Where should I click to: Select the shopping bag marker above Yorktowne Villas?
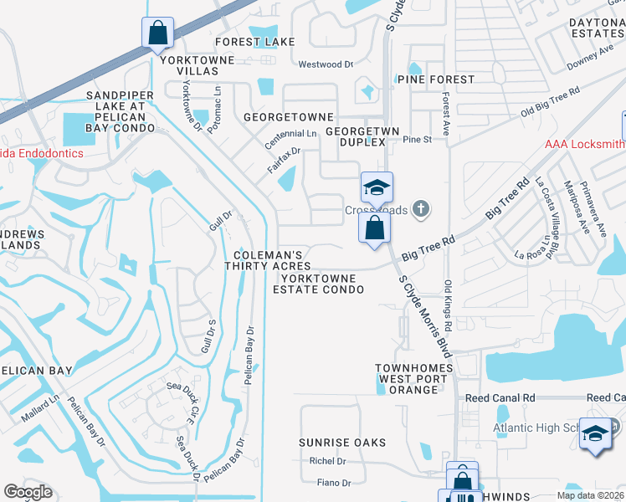pyautogui.click(x=157, y=34)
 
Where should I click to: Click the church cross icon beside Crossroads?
pyautogui.click(x=423, y=209)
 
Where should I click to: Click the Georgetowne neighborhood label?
pyautogui.click(x=288, y=117)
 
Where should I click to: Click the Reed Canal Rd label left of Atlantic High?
pyautogui.click(x=500, y=398)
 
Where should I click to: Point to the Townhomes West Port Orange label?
pyautogui.click(x=413, y=379)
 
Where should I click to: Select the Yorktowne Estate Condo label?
pyautogui.click(x=318, y=284)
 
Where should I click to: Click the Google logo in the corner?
pyautogui.click(x=28, y=492)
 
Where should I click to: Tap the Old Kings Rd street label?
pyautogui.click(x=448, y=305)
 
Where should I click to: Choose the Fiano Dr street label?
pyautogui.click(x=334, y=483)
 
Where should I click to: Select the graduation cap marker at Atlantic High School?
pyautogui.click(x=596, y=434)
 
